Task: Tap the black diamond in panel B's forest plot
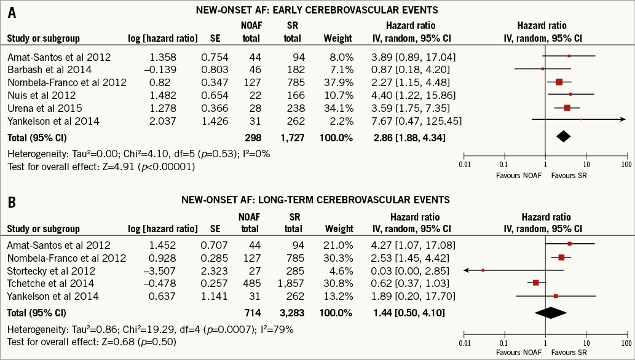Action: [x=550, y=312]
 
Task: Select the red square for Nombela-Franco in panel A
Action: [x=559, y=82]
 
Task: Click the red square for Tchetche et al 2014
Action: [x=536, y=283]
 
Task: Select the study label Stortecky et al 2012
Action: [x=42, y=271]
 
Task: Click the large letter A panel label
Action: [x=11, y=13]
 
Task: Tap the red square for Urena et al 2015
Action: [x=567, y=108]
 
